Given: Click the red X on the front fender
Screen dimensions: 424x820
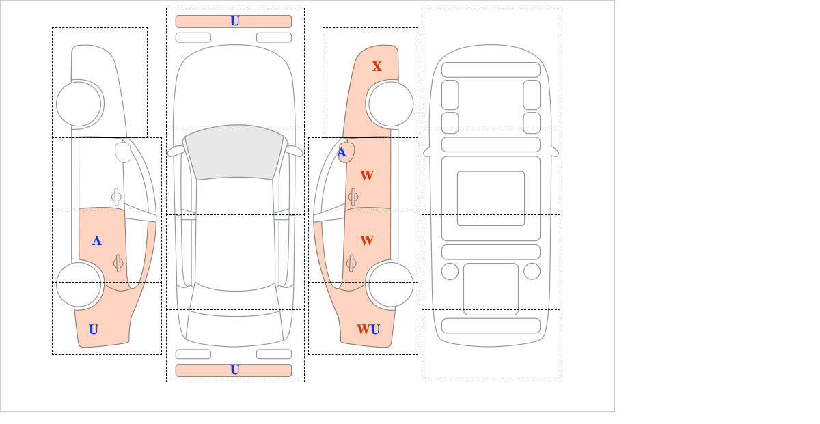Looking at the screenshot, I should pyautogui.click(x=377, y=66).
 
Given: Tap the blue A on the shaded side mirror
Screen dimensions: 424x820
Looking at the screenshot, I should pyautogui.click(x=342, y=152).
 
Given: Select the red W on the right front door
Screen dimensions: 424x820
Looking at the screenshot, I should pyautogui.click(x=367, y=175).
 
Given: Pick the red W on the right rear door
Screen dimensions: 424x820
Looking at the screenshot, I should pyautogui.click(x=367, y=240).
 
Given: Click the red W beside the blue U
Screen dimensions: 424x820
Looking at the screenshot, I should pyautogui.click(x=362, y=330).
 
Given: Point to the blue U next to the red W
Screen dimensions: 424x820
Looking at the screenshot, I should pyautogui.click(x=374, y=330).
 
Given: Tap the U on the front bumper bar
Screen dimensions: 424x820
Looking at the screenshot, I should pyautogui.click(x=234, y=21).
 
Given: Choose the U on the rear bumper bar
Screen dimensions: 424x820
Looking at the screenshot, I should pyautogui.click(x=234, y=370).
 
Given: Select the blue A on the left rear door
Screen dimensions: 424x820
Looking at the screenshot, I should pyautogui.click(x=97, y=240).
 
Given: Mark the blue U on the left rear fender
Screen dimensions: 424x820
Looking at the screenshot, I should pyautogui.click(x=94, y=330).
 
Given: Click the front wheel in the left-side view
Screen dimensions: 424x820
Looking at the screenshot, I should pyautogui.click(x=79, y=104).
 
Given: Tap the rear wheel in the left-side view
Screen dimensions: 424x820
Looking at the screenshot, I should pyautogui.click(x=79, y=284).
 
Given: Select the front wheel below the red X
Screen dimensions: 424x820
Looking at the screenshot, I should pyautogui.click(x=391, y=104).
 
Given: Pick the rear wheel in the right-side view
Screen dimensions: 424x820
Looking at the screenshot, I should pyautogui.click(x=390, y=284).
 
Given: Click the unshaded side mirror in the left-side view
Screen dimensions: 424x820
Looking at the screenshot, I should pyautogui.click(x=123, y=152).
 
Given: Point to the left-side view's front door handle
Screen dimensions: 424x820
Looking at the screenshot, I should pyautogui.click(x=116, y=197).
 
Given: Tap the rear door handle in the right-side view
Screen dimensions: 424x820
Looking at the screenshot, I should pyautogui.click(x=352, y=263).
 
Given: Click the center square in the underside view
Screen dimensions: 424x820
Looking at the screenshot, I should pyautogui.click(x=491, y=199).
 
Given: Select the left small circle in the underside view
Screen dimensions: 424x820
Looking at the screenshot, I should pyautogui.click(x=450, y=271).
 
